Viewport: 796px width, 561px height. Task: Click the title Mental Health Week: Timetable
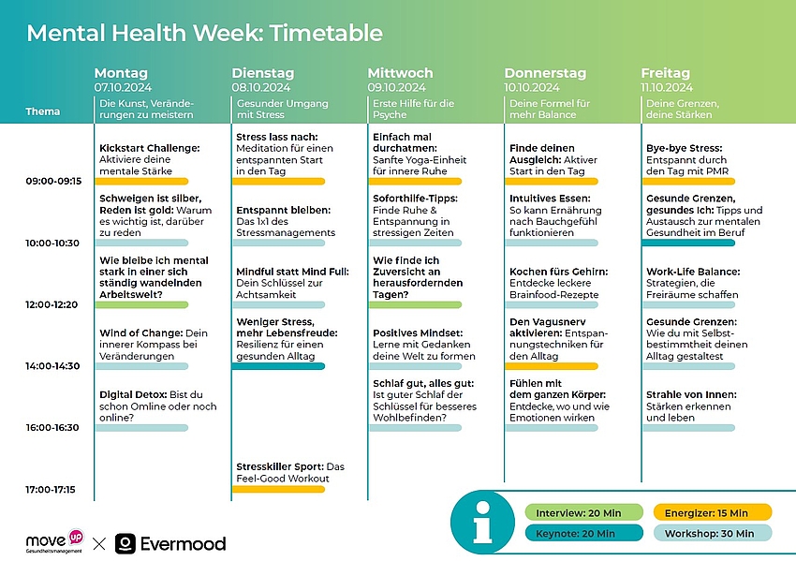pyautogui.click(x=204, y=34)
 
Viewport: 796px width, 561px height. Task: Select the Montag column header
pyautogui.click(x=121, y=73)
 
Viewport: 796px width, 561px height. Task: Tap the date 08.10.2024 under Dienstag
pyautogui.click(x=261, y=87)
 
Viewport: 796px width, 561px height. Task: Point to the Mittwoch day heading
pyautogui.click(x=400, y=73)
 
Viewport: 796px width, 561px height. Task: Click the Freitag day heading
pyautogui.click(x=665, y=73)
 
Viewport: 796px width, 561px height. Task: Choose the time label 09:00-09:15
pyautogui.click(x=54, y=181)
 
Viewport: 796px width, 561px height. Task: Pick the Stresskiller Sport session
pyautogui.click(x=290, y=472)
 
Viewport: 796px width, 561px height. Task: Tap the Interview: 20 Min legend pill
pyautogui.click(x=583, y=512)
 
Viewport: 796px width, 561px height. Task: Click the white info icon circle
pyautogui.click(x=483, y=523)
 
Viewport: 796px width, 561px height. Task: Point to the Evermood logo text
pyautogui.click(x=183, y=543)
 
